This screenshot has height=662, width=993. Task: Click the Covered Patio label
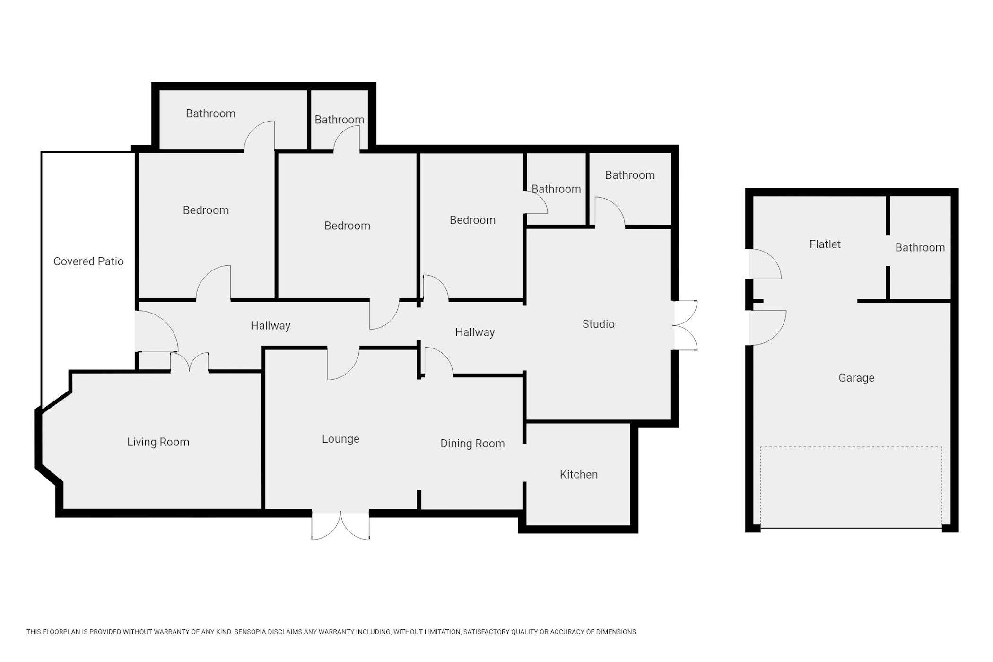(88, 261)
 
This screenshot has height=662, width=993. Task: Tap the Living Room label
(158, 442)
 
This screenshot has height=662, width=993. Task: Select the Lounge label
(340, 439)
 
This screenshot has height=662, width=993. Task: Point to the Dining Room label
(472, 444)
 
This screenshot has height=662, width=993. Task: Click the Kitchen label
(579, 474)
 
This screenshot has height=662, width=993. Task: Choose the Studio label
(598, 324)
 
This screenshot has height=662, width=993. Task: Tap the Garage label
(856, 378)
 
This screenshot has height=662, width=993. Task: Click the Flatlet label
(825, 244)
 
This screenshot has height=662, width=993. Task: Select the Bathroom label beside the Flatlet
(920, 247)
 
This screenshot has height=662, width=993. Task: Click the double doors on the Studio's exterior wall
(685, 325)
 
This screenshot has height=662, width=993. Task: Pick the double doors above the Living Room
(190, 363)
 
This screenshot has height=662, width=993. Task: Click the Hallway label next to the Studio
(475, 332)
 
